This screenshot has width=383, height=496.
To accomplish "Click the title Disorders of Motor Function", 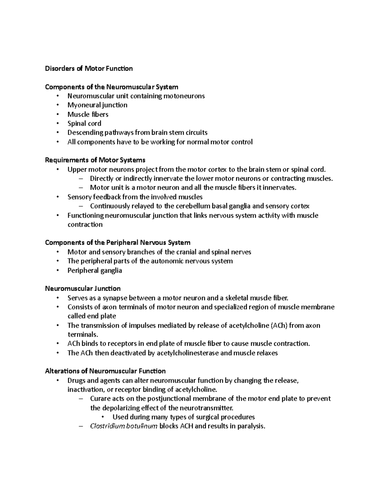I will click(x=89, y=68).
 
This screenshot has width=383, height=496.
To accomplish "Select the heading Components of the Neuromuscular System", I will click(x=111, y=87).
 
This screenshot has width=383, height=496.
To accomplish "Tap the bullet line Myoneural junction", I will click(x=97, y=105).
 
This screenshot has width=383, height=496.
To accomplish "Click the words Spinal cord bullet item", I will click(x=84, y=123).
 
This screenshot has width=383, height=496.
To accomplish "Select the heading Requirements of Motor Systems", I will click(x=95, y=160).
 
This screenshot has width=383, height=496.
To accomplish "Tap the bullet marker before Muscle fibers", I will click(x=57, y=114).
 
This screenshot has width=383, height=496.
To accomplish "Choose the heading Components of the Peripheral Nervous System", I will click(x=117, y=243).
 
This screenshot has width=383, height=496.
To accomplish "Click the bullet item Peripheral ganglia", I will click(x=94, y=271).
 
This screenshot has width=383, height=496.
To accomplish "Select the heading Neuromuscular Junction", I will click(x=83, y=289).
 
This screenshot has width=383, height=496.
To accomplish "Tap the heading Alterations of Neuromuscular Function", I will click(x=105, y=371).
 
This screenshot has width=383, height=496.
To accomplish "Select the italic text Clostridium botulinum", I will click(x=124, y=426).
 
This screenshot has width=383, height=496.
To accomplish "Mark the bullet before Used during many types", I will click(x=102, y=417).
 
